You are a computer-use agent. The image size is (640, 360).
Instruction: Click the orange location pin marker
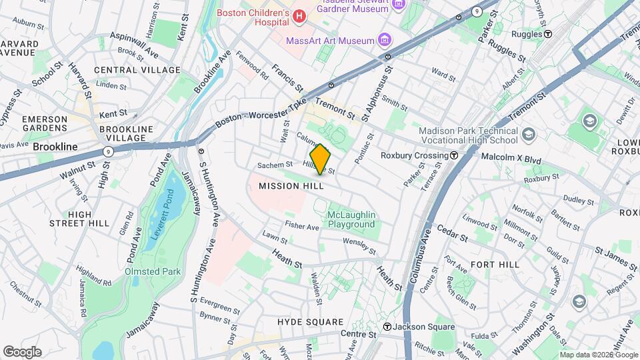click(320, 159)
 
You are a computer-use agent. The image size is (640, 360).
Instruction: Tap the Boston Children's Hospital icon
click(299, 15)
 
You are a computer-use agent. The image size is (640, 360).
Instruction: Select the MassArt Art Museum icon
click(384, 41)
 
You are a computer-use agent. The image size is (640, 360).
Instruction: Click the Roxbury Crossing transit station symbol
click(454, 155)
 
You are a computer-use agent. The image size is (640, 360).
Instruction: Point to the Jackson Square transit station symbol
click(387, 327)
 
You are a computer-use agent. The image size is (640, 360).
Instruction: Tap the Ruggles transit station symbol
click(547, 33)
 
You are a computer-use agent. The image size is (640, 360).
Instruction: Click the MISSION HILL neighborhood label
click(291, 186)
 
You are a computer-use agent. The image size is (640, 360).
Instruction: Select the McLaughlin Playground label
click(351, 219)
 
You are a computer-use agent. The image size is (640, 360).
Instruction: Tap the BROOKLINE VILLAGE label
click(126, 133)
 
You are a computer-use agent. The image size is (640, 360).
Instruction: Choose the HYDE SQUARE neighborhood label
click(311, 321)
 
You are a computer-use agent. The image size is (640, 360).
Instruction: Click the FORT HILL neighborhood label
click(495, 265)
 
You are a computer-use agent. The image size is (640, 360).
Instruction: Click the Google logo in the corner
click(22, 352)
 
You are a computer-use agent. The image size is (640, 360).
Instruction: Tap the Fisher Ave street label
click(302, 227)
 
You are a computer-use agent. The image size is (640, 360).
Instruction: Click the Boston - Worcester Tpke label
click(256, 117)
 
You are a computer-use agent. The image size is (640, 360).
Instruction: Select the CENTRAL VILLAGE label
click(137, 70)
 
